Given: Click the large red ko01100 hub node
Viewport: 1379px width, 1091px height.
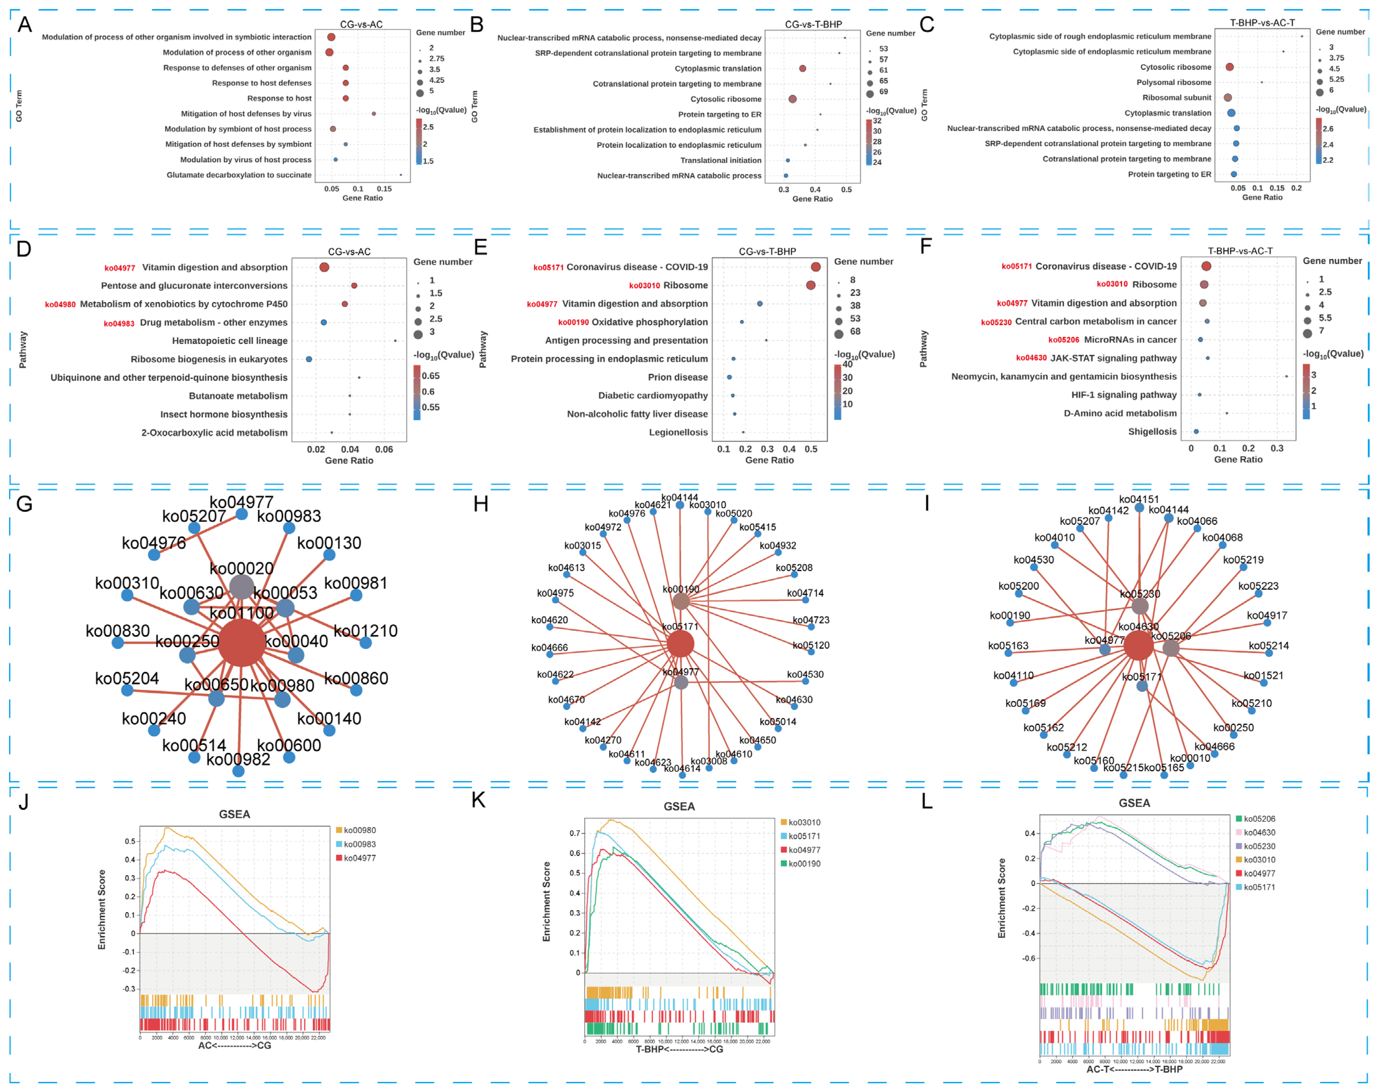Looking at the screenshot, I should [241, 643].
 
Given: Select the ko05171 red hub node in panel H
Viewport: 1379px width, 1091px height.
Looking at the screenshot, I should [681, 644].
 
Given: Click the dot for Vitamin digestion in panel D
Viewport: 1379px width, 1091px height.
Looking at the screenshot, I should [324, 267].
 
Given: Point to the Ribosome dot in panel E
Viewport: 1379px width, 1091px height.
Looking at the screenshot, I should [810, 285].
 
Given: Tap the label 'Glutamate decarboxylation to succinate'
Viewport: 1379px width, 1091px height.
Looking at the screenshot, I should [239, 175].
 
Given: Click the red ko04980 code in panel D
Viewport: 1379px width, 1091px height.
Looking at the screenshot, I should [60, 305].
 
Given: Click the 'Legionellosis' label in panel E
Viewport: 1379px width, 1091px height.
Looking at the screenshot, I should [678, 433].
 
